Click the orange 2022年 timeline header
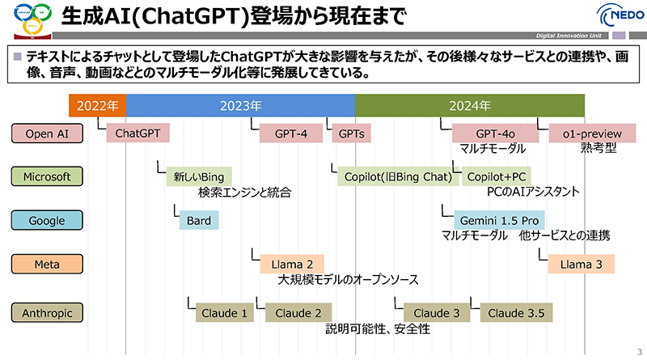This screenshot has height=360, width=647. click(x=97, y=105)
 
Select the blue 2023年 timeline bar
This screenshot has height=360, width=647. click(x=240, y=105)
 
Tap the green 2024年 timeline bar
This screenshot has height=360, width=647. click(x=469, y=105)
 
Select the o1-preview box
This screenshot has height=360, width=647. click(x=593, y=133)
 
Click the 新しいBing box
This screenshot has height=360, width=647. click(x=198, y=176)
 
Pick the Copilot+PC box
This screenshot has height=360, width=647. click(x=496, y=176)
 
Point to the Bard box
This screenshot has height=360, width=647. click(x=199, y=220)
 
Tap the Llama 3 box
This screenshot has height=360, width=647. click(x=581, y=264)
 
